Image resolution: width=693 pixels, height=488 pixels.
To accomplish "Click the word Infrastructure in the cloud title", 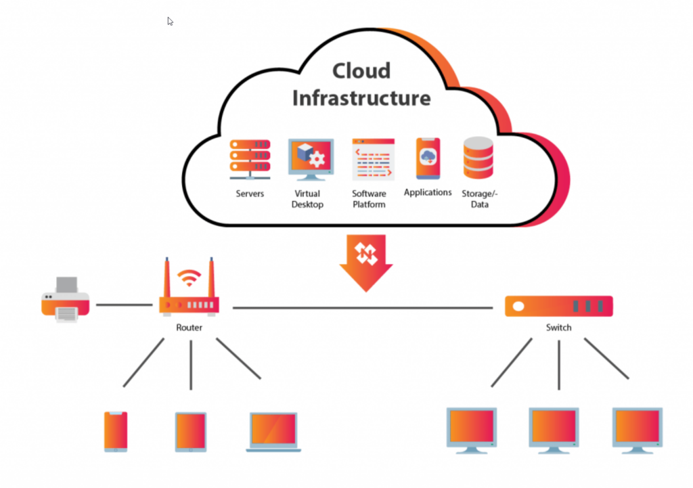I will tap(361, 97).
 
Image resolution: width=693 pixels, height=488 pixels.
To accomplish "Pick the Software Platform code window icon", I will tap(373, 160).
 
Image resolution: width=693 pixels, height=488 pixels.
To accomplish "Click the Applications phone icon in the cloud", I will tap(428, 158).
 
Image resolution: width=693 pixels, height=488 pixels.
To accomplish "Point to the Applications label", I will tap(428, 192).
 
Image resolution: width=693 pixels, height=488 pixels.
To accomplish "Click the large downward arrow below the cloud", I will tap(366, 261).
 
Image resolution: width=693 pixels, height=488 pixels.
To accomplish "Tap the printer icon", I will tap(65, 300).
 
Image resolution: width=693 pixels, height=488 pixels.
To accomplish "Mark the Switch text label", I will tap(559, 328).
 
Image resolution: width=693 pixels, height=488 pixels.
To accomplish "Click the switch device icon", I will tap(559, 306).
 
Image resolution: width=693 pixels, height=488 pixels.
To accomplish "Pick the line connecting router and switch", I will tap(363, 308).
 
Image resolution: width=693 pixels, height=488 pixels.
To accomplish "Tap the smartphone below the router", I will tap(116, 431).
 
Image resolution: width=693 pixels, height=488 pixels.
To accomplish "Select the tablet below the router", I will tap(191, 431).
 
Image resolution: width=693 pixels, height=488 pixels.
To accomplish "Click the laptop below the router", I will tap(273, 431).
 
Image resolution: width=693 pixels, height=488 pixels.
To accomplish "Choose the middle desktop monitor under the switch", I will tap(554, 428).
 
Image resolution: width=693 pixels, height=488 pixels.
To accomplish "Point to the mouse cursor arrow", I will tap(171, 21).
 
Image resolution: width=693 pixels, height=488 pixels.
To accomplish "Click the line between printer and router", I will tap(124, 305).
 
